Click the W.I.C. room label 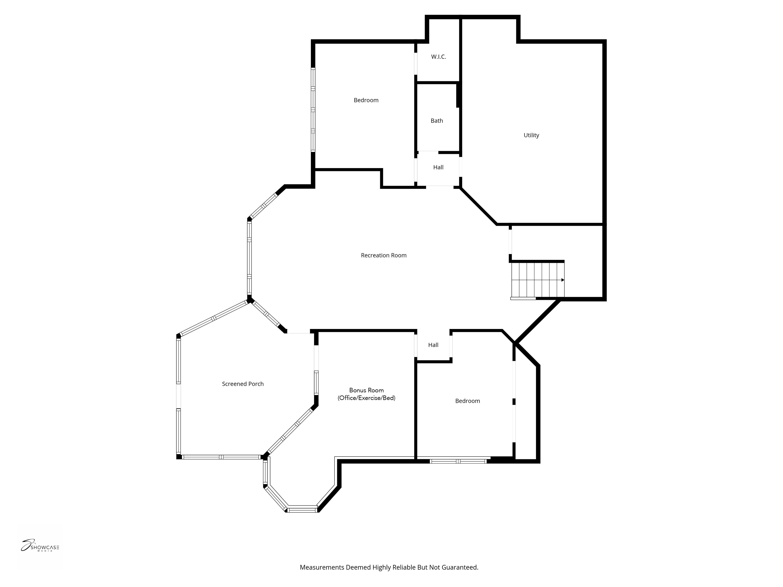(438, 57)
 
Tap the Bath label (436, 121)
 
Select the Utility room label (531, 135)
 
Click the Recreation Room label (383, 255)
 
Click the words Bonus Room (366, 390)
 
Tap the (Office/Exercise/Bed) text (366, 398)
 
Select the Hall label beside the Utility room (438, 167)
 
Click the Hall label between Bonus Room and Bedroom (433, 345)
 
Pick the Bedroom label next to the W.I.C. (366, 100)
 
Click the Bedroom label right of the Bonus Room (467, 401)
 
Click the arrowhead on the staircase (563, 280)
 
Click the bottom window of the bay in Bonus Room (302, 510)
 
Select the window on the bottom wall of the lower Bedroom (458, 461)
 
